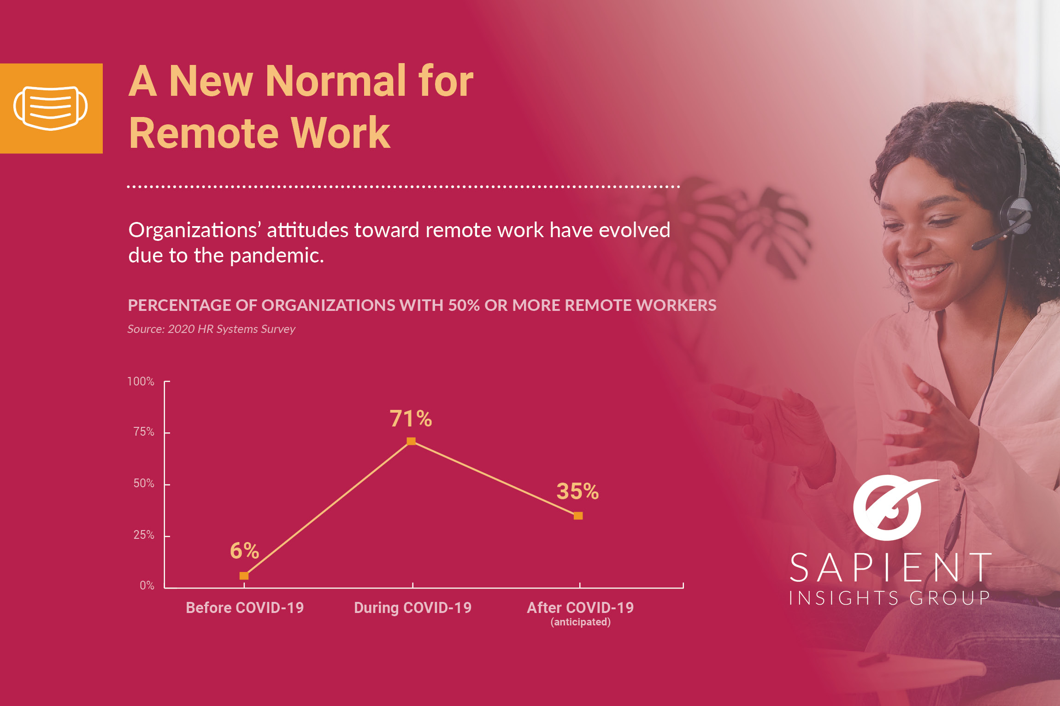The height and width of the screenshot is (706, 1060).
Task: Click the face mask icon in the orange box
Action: [x=51, y=108]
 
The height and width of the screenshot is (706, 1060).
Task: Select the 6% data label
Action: [x=244, y=550]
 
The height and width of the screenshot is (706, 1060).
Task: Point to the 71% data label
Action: [x=411, y=419]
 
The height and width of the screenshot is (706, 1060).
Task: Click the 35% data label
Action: [x=577, y=491]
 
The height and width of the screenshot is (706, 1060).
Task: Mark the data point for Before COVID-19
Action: [x=244, y=576]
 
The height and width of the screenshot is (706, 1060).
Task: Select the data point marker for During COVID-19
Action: [x=411, y=441]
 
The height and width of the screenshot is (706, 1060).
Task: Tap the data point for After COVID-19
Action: [x=578, y=516]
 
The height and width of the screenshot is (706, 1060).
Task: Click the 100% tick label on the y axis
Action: [x=141, y=381]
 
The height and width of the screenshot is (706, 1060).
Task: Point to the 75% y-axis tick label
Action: [x=144, y=432]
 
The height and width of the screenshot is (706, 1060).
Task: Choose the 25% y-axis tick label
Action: [x=144, y=535]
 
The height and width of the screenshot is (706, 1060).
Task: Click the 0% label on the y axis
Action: [x=147, y=585]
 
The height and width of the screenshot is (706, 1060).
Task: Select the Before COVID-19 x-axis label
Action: [x=245, y=607]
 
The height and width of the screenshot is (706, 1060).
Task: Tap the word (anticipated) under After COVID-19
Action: [x=581, y=622]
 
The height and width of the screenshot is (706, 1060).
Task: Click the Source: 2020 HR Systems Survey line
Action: [x=211, y=329]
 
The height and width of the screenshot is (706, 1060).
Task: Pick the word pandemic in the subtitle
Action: [x=277, y=256]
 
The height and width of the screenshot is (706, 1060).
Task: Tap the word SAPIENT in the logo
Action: [x=890, y=568]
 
